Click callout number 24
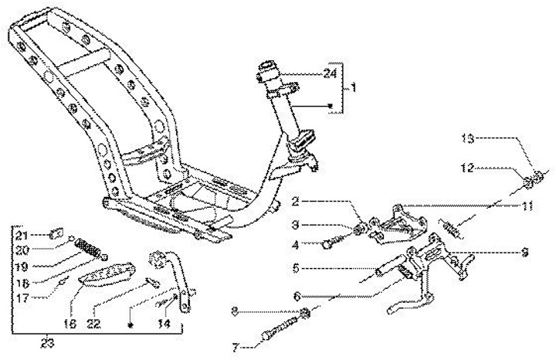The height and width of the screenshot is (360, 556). pos(331,73)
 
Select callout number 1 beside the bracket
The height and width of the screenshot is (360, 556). pos(354,88)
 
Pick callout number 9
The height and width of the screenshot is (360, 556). pos(525,251)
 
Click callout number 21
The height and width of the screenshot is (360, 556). pos(22,235)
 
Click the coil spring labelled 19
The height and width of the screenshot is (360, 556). pos(91,250)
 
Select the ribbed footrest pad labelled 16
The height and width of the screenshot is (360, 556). pos(108,276)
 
